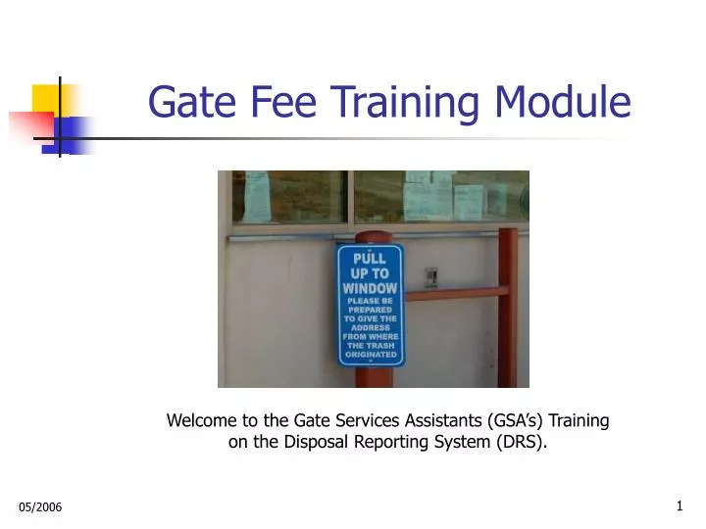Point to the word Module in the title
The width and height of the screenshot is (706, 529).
(573, 101)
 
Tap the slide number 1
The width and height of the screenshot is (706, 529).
(680, 505)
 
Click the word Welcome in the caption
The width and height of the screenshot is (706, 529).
(201, 421)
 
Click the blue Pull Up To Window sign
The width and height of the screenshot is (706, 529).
(370, 305)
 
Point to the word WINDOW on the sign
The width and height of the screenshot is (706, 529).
(370, 288)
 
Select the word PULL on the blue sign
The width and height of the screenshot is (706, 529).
(370, 258)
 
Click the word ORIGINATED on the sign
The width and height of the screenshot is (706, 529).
(370, 355)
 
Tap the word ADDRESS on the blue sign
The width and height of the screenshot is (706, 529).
(370, 327)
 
